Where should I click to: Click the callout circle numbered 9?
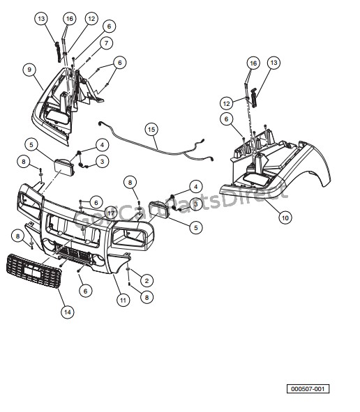(29, 69)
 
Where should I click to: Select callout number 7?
(107, 43)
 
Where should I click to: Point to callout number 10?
(285, 218)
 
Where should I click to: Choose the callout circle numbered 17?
(111, 211)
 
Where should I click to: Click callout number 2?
(147, 280)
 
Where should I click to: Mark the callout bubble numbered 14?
(67, 312)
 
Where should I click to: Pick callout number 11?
(123, 300)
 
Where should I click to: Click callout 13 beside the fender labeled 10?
(274, 63)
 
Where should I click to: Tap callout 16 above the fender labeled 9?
(69, 17)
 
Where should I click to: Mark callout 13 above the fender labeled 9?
(42, 17)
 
